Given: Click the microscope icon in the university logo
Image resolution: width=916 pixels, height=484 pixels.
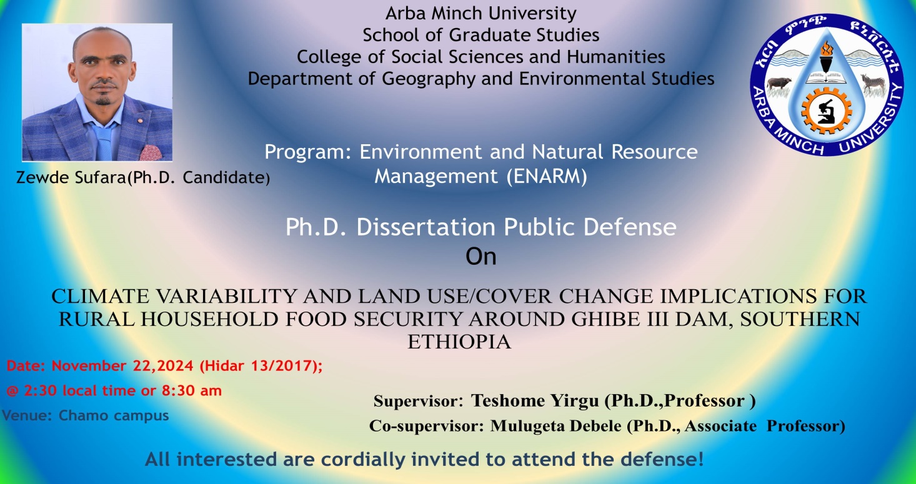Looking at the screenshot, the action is [x=826, y=112].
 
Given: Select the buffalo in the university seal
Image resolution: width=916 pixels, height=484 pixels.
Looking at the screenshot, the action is [x=779, y=83].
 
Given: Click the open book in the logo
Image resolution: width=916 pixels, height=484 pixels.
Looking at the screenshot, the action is [x=826, y=77].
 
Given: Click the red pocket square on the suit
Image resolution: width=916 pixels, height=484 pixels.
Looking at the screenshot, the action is [x=151, y=152].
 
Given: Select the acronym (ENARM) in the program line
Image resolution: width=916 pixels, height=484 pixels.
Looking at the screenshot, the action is [x=547, y=177].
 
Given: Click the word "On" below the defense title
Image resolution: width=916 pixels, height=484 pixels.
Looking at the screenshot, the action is [x=481, y=257].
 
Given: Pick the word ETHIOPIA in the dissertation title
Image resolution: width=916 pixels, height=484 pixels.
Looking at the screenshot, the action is [x=459, y=342].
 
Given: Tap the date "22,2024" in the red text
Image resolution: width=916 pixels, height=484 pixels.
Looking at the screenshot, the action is [x=162, y=365].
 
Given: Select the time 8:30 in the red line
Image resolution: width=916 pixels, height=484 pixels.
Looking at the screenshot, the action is [x=177, y=390].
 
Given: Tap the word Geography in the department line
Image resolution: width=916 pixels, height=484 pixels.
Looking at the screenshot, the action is [x=429, y=79].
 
